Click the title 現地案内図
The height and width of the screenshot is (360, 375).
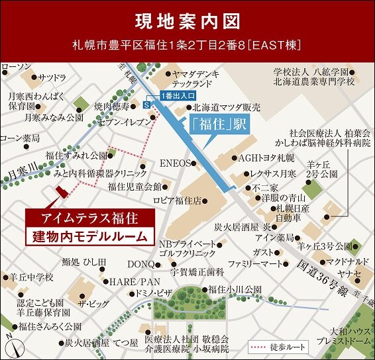[x=187, y=21]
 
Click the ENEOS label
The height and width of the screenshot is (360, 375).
[x=175, y=162]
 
